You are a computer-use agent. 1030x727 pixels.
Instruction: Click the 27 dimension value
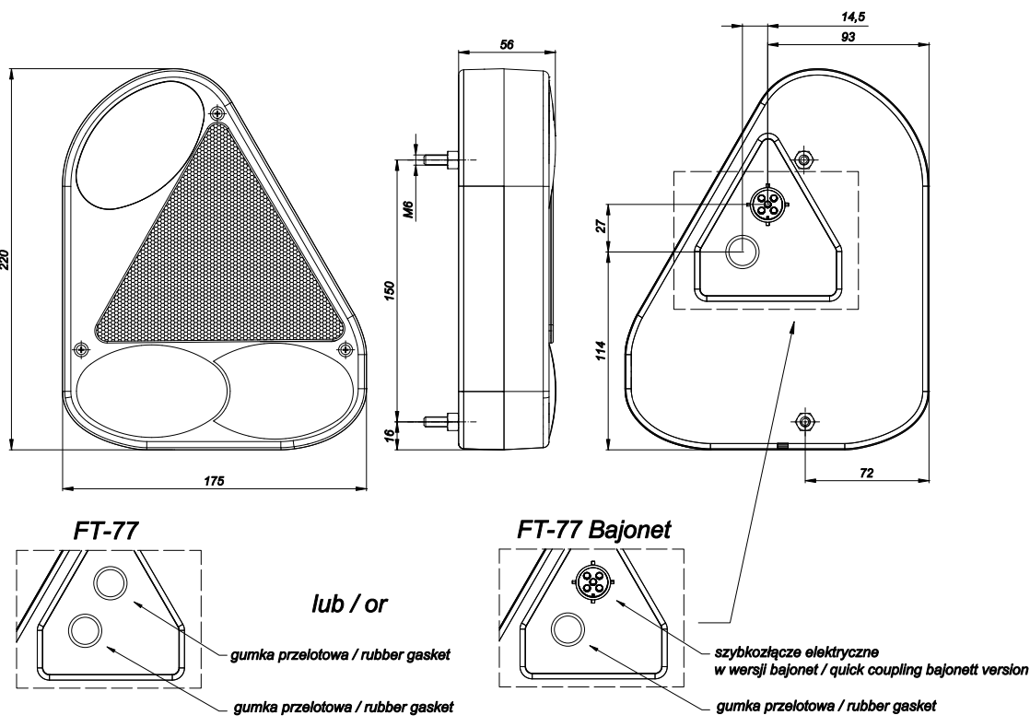tap(602, 227)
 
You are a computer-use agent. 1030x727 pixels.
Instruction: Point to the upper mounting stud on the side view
tap(440, 159)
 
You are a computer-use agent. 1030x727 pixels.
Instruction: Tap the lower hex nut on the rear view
tap(804, 422)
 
